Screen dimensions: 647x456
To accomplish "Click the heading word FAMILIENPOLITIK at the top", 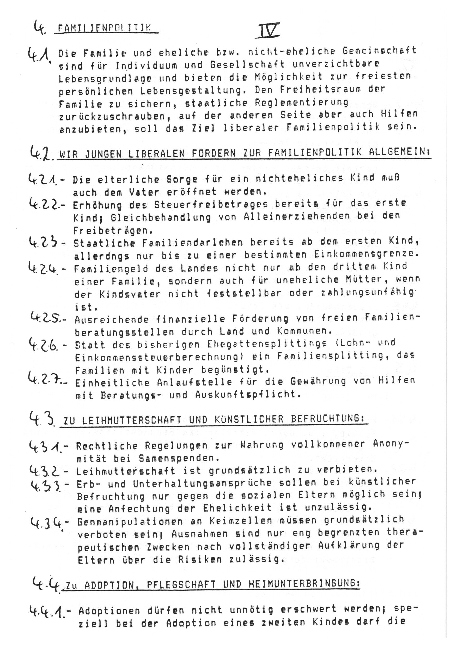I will point(104,28).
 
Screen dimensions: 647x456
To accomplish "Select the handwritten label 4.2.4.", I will point(44,268).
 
